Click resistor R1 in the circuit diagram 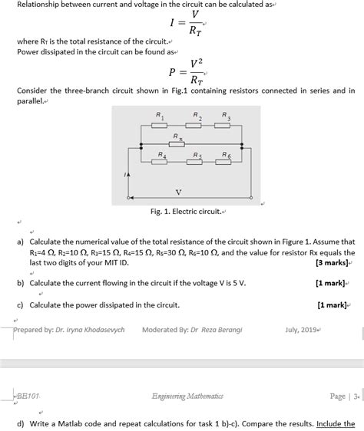tap(159, 126)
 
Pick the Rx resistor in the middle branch tap(177, 143)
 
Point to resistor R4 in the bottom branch tap(160, 161)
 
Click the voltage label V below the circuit tap(178, 191)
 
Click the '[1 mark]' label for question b tap(330, 283)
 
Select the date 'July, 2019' tap(301, 330)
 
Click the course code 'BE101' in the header tap(28, 396)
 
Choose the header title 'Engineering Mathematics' tap(187, 396)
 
